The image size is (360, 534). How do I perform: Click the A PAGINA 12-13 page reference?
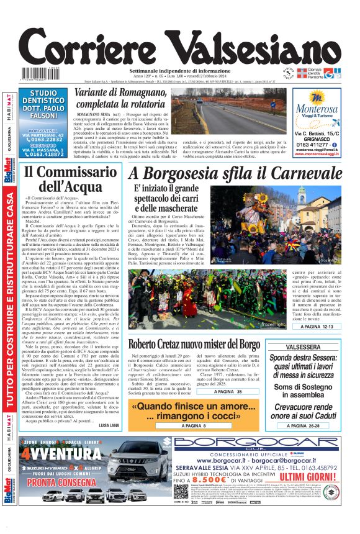coord(313,326)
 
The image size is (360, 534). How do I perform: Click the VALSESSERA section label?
coord(313,348)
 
